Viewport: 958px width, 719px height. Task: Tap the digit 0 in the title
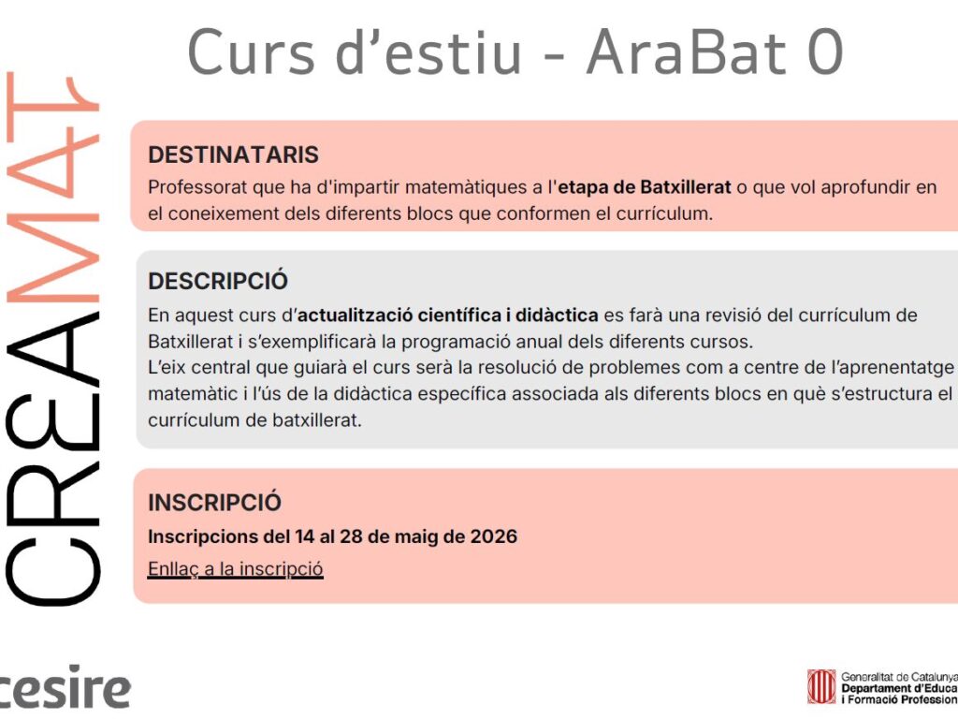click(825, 53)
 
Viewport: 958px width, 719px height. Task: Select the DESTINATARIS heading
click(233, 154)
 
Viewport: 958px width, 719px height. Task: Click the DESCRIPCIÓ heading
click(218, 281)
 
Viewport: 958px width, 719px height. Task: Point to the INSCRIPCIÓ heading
click(214, 503)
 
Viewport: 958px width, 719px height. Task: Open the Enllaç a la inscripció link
click(235, 568)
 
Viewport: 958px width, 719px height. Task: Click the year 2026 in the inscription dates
click(494, 536)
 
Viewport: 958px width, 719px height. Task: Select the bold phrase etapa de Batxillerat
click(645, 187)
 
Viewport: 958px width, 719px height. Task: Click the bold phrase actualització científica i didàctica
click(448, 315)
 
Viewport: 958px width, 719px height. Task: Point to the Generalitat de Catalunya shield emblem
click(821, 686)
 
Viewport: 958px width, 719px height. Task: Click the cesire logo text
click(65, 688)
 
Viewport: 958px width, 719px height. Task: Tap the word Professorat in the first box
click(198, 187)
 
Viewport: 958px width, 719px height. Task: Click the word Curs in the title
click(251, 53)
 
